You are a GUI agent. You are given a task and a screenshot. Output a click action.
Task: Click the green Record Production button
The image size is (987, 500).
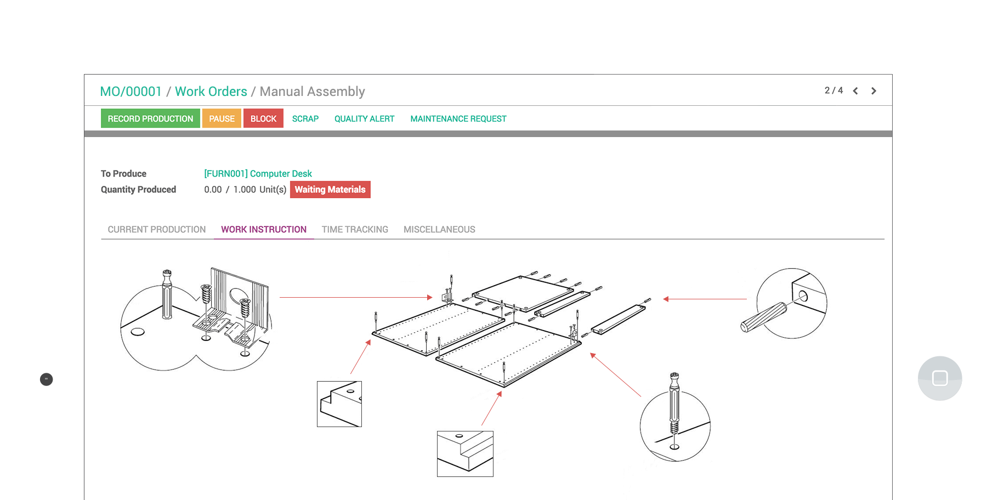coord(150,118)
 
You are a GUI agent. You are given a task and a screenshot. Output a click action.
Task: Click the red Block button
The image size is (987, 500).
coord(263,118)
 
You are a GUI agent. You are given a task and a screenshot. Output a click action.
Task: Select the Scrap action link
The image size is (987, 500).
coord(305,118)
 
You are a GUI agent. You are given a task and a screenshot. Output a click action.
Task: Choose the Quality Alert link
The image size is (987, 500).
coord(364,118)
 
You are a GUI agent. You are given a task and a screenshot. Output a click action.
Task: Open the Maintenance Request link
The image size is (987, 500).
coord(458,118)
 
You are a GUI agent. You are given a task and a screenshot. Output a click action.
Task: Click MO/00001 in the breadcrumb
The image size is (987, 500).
coord(131,92)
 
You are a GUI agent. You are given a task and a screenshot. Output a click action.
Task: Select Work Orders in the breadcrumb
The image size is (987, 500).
coord(211,92)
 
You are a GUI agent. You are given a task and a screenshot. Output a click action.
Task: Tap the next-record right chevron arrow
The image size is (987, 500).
coord(873,91)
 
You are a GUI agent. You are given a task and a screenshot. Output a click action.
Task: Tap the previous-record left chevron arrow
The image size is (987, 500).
coord(855,91)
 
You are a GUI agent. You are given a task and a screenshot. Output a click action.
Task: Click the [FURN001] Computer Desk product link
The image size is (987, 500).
coord(258,174)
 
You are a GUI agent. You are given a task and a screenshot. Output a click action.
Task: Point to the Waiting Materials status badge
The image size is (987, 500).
coord(330,190)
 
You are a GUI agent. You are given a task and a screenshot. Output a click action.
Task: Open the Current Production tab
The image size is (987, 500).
coord(156,230)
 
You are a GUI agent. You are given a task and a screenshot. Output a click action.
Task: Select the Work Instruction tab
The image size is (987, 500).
coord(264,230)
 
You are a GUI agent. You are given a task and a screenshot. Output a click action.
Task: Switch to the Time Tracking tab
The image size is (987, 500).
coord(355,230)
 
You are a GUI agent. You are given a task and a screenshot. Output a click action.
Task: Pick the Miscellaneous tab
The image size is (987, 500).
coord(439,230)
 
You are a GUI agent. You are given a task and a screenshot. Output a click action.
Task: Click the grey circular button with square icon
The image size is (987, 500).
coord(940,378)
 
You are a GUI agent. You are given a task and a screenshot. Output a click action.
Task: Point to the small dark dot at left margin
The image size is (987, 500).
coord(47,379)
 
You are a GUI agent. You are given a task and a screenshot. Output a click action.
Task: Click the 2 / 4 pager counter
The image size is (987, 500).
coord(833,90)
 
